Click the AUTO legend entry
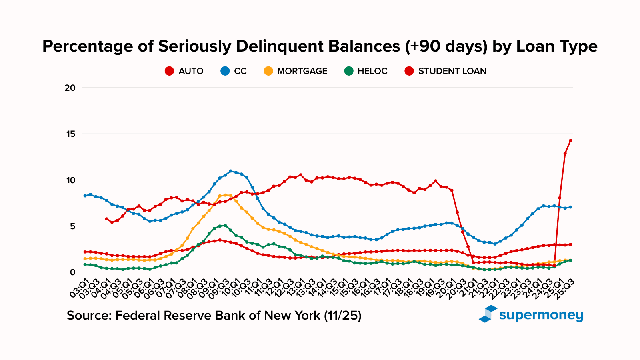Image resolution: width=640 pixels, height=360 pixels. pyautogui.click(x=184, y=71)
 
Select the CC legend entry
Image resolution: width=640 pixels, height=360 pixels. pyautogui.click(x=234, y=71)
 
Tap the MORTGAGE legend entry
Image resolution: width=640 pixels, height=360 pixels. pyautogui.click(x=296, y=71)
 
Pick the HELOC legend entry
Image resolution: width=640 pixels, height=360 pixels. pyautogui.click(x=366, y=71)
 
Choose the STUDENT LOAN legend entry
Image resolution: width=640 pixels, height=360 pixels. pyautogui.click(x=446, y=71)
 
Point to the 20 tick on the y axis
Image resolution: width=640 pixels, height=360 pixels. pyautogui.click(x=70, y=88)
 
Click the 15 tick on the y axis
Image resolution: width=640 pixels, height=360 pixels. pyautogui.click(x=70, y=134)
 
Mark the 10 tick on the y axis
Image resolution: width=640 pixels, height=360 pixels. pyautogui.click(x=70, y=180)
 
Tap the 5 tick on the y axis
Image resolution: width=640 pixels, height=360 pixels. pyautogui.click(x=72, y=226)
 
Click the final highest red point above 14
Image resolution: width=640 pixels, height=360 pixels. pyautogui.click(x=570, y=140)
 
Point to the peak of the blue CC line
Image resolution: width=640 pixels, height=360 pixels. pyautogui.click(x=230, y=171)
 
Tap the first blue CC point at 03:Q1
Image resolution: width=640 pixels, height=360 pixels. pyautogui.click(x=85, y=196)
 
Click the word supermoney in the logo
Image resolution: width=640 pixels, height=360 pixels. pyautogui.click(x=541, y=315)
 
